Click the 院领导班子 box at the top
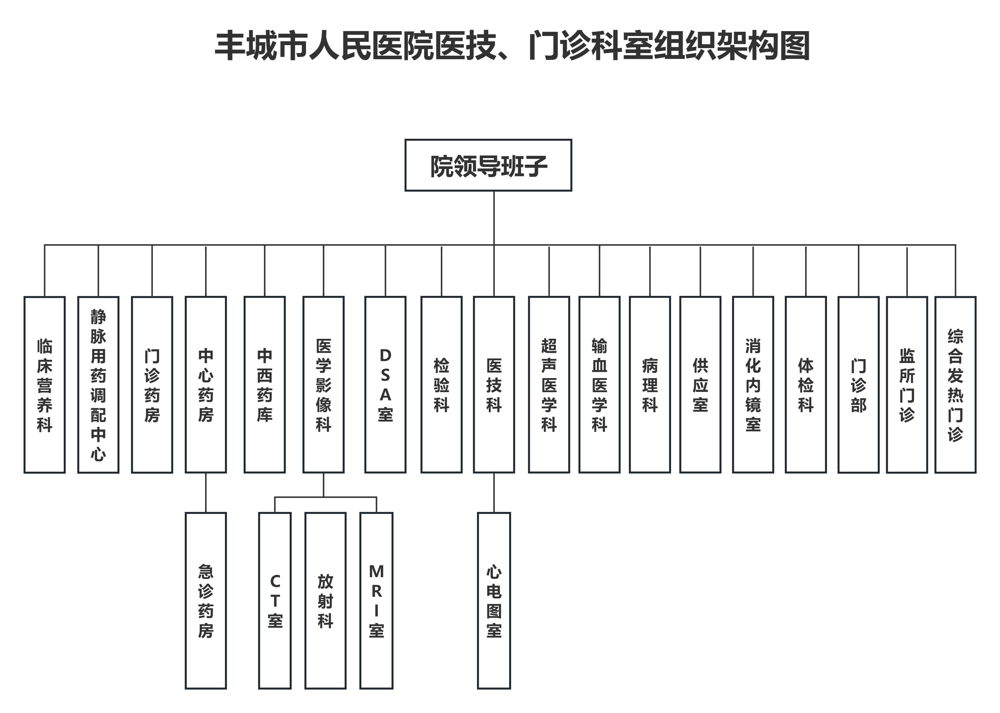pos(488,165)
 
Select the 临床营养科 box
pos(44,385)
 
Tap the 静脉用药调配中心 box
pos(98,385)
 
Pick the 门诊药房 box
pos(152,385)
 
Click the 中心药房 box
pos(206,385)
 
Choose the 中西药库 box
pos(265,385)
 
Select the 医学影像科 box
pos(323,385)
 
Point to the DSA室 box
pos(385,385)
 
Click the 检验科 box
pos(441,385)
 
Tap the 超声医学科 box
pos(549,385)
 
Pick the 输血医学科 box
pos(599,385)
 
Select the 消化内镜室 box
pos(753,385)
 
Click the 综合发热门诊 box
pos(955,385)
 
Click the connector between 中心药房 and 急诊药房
pos(206,493)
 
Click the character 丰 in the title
pos(230,46)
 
